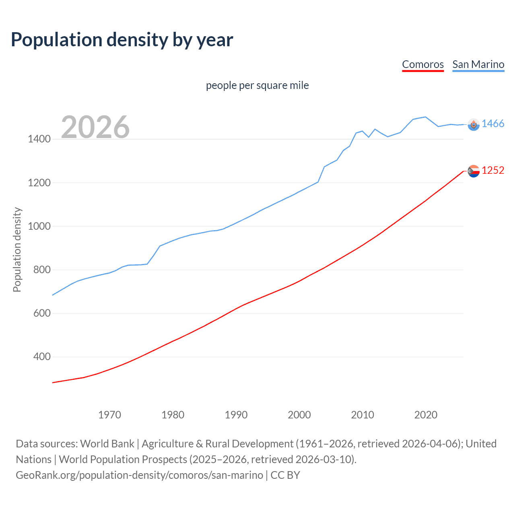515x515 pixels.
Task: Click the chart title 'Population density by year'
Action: click(x=122, y=40)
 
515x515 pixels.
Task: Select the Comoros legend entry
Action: click(x=422, y=64)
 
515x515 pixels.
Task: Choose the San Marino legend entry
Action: click(x=478, y=64)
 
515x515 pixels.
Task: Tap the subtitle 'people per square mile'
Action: click(x=257, y=86)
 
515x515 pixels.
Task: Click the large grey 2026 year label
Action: click(x=95, y=127)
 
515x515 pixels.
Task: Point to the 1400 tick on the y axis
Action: click(x=39, y=139)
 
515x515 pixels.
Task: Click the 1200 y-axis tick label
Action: click(x=39, y=183)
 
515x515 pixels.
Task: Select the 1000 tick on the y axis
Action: click(x=39, y=226)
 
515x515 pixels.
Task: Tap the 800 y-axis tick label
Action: click(x=42, y=270)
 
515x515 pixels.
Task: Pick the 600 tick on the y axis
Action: click(x=42, y=313)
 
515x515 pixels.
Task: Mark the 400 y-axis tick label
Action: click(x=42, y=357)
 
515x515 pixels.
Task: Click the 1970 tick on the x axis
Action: click(x=109, y=415)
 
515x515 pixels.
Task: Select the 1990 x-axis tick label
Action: click(x=236, y=415)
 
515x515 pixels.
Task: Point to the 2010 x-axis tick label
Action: click(x=363, y=415)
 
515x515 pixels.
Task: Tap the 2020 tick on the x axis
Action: click(x=426, y=415)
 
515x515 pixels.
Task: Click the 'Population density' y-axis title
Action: click(x=17, y=249)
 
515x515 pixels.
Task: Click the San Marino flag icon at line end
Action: click(x=474, y=125)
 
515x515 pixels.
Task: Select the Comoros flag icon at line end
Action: click(x=474, y=171)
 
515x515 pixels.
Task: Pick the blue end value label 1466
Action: click(x=493, y=124)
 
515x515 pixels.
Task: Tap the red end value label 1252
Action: click(x=493, y=171)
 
